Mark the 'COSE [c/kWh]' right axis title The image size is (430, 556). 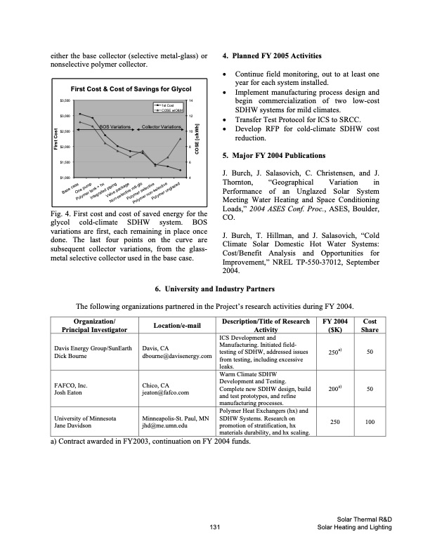199,138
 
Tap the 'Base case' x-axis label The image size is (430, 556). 70,188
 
